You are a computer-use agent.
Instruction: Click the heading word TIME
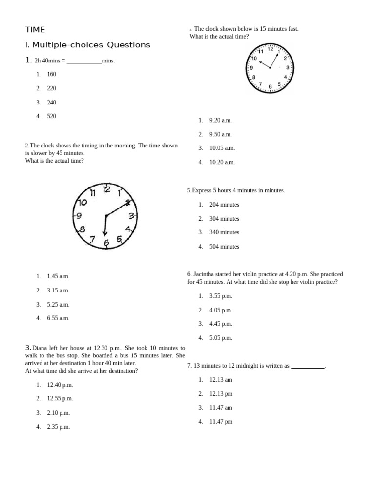(x=35, y=30)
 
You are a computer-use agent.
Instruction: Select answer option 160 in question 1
(x=51, y=74)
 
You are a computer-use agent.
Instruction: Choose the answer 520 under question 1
(x=51, y=116)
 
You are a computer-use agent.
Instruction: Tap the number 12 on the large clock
(x=106, y=189)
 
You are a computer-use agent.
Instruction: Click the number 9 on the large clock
(x=79, y=215)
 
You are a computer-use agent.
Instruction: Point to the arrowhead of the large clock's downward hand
(x=104, y=233)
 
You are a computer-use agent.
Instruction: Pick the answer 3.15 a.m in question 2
(x=58, y=291)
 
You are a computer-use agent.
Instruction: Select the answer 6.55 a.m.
(x=58, y=318)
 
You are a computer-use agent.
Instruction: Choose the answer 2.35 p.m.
(x=58, y=427)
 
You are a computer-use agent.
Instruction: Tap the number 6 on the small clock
(x=270, y=87)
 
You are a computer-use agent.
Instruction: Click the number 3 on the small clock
(x=288, y=68)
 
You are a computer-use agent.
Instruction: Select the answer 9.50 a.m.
(x=220, y=134)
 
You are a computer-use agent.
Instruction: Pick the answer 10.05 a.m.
(x=222, y=148)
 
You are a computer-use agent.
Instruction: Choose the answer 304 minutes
(x=224, y=219)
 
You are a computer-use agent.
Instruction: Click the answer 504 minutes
(x=224, y=247)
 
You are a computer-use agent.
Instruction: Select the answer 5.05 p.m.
(x=220, y=338)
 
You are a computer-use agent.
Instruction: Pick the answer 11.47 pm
(x=221, y=422)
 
